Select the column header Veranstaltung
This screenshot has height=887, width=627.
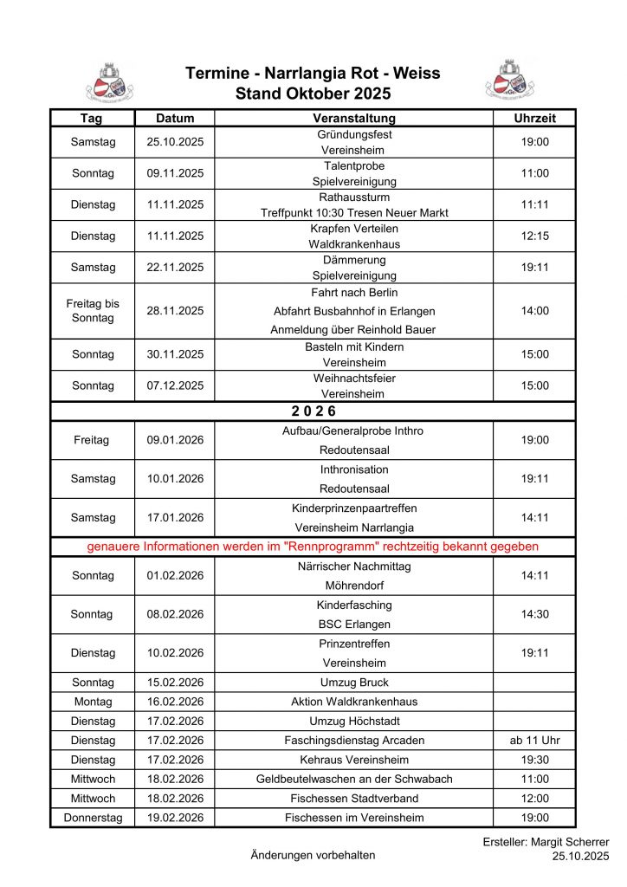pos(353,118)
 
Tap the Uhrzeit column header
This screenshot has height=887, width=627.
pos(534,118)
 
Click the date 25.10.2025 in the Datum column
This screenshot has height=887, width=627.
pos(175,142)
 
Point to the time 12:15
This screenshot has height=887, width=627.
pos(534,236)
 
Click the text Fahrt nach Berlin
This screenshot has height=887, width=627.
pos(353,293)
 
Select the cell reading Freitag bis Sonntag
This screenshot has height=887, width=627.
pos(93,311)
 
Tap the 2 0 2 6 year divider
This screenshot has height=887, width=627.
pos(313,411)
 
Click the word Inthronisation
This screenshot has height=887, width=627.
pos(353,469)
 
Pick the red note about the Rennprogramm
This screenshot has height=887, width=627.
pos(313,547)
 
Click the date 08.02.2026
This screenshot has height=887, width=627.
pos(175,614)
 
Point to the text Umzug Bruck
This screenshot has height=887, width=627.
pos(353,683)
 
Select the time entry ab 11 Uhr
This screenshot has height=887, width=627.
pos(534,741)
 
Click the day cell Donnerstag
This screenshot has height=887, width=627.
pos(93,817)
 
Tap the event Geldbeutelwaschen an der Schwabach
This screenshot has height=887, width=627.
pos(353,779)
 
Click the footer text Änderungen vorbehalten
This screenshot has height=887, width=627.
pos(313,855)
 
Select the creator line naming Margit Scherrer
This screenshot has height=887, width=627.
pos(546,842)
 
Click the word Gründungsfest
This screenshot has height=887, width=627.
pos(353,134)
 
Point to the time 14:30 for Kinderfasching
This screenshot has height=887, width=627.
pos(534,614)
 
